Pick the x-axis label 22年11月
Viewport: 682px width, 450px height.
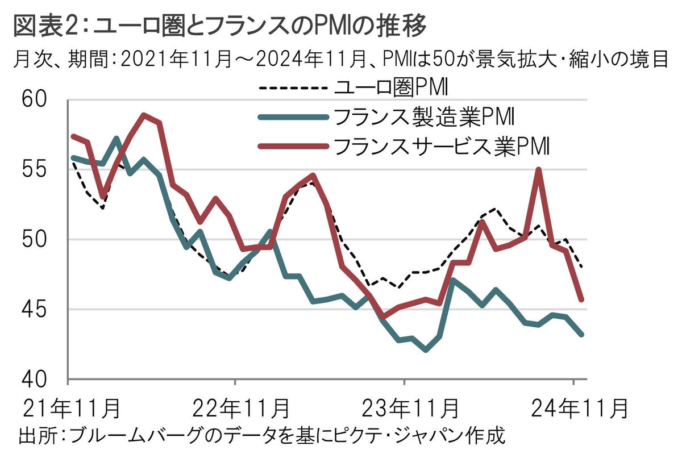click(x=235, y=409)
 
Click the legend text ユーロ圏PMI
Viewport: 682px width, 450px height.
click(x=392, y=88)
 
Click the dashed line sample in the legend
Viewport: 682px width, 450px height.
click(x=293, y=89)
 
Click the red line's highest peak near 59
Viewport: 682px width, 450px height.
click(x=144, y=115)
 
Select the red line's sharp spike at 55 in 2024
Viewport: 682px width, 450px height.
click(x=538, y=170)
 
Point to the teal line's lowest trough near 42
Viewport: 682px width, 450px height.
click(x=426, y=350)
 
